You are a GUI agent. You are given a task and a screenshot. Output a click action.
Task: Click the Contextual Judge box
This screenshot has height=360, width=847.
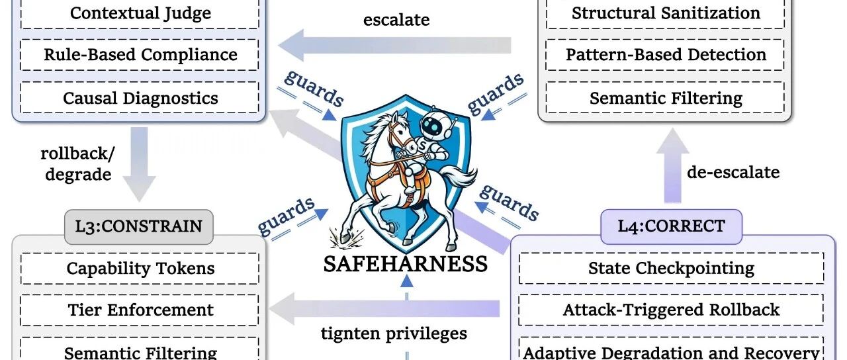point(140,13)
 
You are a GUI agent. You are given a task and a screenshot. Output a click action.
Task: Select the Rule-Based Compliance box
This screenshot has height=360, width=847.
point(140,55)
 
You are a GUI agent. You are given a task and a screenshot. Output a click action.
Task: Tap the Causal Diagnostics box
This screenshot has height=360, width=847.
point(140,98)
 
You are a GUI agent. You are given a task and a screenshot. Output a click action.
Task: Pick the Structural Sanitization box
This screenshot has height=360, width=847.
point(666,13)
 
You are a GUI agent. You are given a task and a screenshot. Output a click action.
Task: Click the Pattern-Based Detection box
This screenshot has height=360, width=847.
point(666,55)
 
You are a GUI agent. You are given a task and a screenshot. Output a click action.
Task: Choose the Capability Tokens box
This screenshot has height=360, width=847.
point(140,269)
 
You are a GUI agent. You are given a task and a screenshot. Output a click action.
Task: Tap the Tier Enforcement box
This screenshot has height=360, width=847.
point(140,310)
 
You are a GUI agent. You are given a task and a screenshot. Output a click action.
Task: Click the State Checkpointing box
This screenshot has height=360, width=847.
point(671,269)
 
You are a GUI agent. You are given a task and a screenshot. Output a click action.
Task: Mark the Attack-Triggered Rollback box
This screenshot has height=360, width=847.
point(671,310)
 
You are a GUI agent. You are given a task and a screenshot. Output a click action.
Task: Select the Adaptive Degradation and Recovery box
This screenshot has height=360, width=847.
point(671,351)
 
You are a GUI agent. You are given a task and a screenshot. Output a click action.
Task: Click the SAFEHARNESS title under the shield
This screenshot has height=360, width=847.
point(405,264)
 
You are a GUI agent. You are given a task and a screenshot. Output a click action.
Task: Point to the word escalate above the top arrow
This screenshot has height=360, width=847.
point(396,20)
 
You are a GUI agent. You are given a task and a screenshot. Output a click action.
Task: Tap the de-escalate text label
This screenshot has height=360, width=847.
point(733,173)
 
